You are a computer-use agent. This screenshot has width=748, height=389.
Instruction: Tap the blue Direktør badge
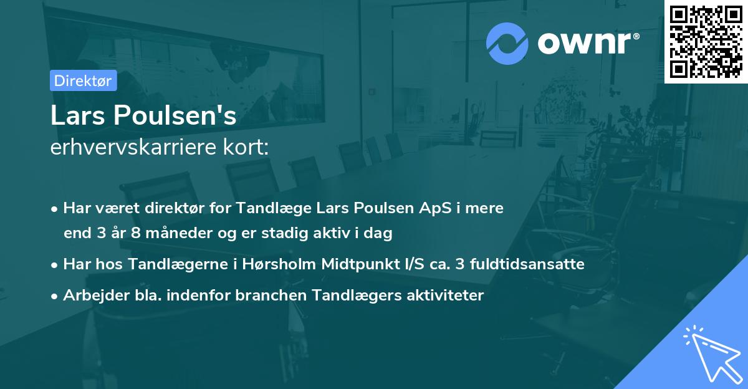pyautogui.click(x=83, y=80)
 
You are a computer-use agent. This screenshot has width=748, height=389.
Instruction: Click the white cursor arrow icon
pyautogui.click(x=711, y=352)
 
